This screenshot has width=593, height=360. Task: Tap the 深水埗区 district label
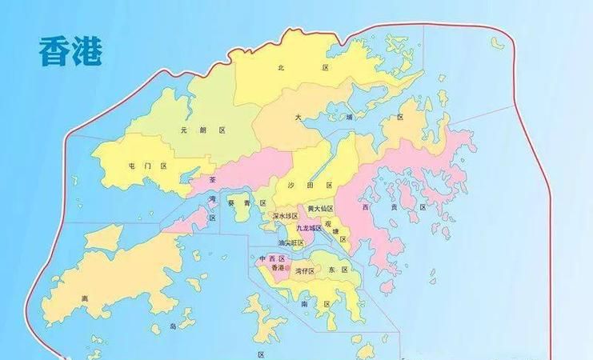point(285,216)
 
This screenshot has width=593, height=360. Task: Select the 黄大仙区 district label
point(320,209)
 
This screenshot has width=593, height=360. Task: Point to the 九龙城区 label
point(308,228)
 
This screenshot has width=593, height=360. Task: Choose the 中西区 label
point(272,259)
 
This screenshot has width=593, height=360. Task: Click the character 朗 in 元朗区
point(203,130)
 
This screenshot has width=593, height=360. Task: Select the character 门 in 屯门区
point(146,166)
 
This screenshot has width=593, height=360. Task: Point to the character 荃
point(212,181)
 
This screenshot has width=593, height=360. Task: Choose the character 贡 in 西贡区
point(393,206)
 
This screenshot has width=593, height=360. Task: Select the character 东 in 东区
point(331,270)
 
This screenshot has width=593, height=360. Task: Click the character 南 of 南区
point(305,305)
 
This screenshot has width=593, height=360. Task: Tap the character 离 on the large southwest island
point(84,299)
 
